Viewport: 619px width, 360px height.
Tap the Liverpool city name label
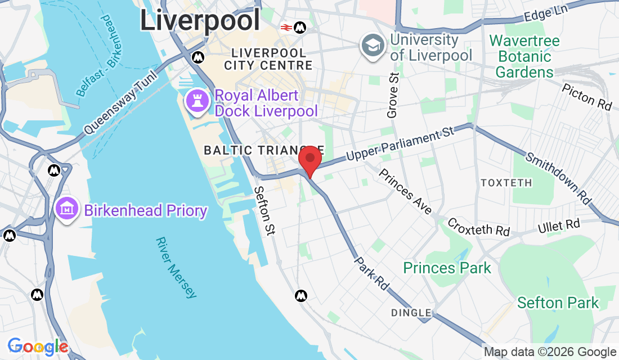pyautogui.click(x=200, y=21)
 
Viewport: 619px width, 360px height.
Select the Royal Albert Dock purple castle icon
pyautogui.click(x=198, y=101)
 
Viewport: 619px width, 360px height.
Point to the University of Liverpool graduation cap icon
pyautogui.click(x=373, y=46)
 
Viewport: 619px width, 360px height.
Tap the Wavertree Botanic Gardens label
pyautogui.click(x=524, y=56)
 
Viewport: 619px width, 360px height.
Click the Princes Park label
pyautogui.click(x=447, y=268)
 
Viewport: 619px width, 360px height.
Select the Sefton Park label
pyautogui.click(x=558, y=303)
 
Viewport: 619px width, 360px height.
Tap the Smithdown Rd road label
pyautogui.click(x=558, y=178)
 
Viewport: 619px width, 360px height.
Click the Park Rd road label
pyautogui.click(x=371, y=274)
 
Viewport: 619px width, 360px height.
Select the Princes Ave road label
pyautogui.click(x=405, y=191)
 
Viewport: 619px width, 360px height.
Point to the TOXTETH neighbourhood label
pyautogui.click(x=506, y=183)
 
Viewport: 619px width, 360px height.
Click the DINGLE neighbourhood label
pyautogui.click(x=412, y=313)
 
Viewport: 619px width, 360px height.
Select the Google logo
pyautogui.click(x=38, y=346)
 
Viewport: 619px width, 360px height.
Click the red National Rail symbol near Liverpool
pyautogui.click(x=286, y=26)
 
